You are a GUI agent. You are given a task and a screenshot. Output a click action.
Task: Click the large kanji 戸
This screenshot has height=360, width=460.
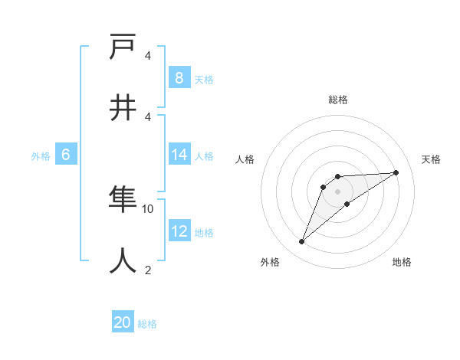[123, 47]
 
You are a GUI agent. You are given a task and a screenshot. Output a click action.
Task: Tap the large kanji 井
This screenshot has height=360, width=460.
[123, 107]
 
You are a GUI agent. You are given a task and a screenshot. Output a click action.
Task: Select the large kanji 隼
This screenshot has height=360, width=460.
[123, 201]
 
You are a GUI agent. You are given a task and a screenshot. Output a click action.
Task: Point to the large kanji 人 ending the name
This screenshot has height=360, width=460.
[123, 261]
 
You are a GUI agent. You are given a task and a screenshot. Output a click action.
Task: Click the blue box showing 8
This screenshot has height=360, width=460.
[179, 78]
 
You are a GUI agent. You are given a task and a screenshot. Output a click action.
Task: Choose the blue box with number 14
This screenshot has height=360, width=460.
[179, 155]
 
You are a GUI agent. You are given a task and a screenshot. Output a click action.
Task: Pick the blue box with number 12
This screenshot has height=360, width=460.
[179, 231]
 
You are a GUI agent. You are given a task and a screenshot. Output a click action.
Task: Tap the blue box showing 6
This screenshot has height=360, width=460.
[65, 155]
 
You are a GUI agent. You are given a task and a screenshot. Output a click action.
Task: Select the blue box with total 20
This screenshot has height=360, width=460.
[123, 322]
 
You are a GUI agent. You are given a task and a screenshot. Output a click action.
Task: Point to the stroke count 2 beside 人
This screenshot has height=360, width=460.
[148, 270]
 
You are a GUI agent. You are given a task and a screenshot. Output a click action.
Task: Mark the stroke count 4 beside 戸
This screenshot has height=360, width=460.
[148, 56]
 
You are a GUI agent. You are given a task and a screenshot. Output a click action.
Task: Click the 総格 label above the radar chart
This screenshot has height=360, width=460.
[337, 100]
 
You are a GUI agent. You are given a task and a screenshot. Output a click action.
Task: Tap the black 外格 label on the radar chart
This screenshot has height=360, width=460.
[270, 262]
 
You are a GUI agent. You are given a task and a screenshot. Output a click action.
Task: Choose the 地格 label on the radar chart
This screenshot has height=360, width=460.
[402, 262]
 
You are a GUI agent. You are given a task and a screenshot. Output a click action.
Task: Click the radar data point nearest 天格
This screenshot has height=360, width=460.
[396, 172]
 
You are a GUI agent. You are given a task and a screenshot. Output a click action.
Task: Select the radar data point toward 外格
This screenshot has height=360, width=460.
[301, 242]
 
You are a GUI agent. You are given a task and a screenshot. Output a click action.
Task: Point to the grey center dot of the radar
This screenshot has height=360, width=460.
[337, 191]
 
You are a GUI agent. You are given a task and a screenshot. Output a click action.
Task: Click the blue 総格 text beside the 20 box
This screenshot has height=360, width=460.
[147, 324]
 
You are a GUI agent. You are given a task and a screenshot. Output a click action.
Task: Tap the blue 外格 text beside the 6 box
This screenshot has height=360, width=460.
[41, 155]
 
